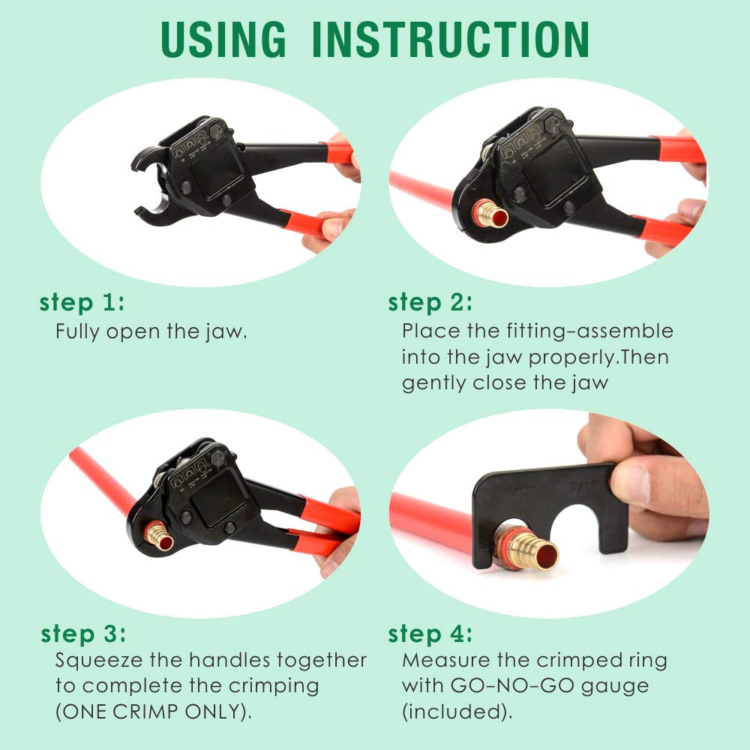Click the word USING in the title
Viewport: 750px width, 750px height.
(x=223, y=39)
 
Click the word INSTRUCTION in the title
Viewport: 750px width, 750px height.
(x=450, y=39)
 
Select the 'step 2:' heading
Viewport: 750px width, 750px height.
(x=430, y=303)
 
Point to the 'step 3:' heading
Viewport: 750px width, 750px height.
(x=82, y=634)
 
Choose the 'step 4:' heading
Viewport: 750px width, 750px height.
(x=430, y=634)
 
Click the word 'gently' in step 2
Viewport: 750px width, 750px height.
(x=433, y=383)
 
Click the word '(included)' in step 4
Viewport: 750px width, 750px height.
(x=457, y=712)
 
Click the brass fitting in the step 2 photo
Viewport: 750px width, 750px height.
(x=490, y=216)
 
